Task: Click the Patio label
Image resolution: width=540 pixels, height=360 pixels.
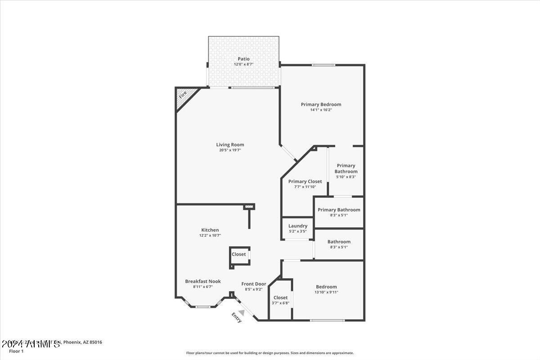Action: (243, 59)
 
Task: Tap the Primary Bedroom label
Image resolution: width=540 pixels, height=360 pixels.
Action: (321, 104)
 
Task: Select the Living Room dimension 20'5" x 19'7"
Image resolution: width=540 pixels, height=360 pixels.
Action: (230, 150)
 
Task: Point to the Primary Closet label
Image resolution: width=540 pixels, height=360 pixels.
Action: (305, 181)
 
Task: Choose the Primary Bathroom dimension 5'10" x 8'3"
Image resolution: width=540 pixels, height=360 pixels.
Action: (346, 177)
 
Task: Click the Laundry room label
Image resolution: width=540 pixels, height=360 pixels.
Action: (298, 226)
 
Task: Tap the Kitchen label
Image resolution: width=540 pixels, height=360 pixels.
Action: (210, 230)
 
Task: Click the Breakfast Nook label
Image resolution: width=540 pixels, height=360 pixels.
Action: (202, 281)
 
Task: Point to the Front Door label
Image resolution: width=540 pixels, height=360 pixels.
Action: (253, 284)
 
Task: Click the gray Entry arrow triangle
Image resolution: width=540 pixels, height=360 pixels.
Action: (242, 312)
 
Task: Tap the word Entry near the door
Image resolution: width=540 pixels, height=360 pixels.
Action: (236, 318)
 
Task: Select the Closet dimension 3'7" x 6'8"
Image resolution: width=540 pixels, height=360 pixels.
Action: (280, 303)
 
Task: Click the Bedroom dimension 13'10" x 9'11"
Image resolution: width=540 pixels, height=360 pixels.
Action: (326, 292)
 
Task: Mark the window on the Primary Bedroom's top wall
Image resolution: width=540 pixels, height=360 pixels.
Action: (324, 65)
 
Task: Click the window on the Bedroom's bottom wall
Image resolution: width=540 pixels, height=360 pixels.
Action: (327, 320)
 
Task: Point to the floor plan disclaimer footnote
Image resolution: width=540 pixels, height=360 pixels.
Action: (270, 353)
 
